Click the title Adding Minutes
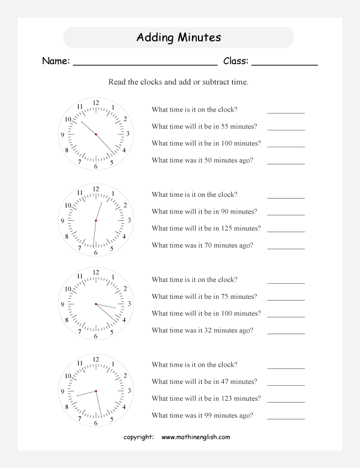[x=178, y=38]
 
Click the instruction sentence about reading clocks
[x=178, y=82]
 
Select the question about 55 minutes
[x=205, y=127]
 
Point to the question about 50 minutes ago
[x=202, y=160]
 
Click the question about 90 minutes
[x=205, y=212]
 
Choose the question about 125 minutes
[x=206, y=229]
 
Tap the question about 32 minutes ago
[x=202, y=331]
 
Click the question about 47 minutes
[x=205, y=382]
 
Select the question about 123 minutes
[x=206, y=398]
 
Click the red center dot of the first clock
[x=96, y=134]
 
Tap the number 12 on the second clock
[x=96, y=189]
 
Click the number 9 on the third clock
[x=62, y=305]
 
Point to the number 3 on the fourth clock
[x=129, y=391]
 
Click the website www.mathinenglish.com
[x=195, y=437]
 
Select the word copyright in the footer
[x=138, y=437]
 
